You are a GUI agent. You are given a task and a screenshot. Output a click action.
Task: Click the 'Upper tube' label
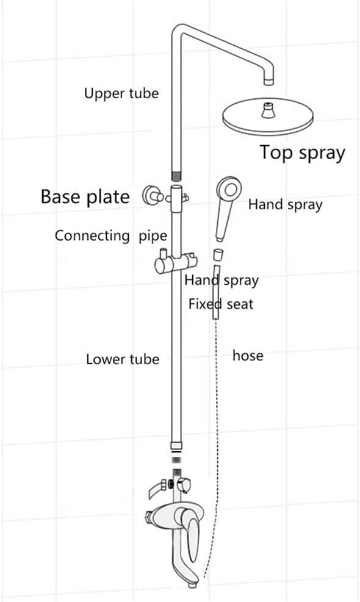pos(121,93)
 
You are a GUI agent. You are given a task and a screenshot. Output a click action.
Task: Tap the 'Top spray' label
pos(302,152)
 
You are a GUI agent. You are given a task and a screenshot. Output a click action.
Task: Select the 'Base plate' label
pos(85,197)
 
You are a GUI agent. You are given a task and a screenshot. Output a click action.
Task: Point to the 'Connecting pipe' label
pos(111,236)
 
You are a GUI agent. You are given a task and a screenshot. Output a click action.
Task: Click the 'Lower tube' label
pos(122,359)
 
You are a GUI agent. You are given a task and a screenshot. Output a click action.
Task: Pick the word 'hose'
pos(248,355)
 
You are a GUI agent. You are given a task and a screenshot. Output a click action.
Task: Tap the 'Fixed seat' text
pos(220,304)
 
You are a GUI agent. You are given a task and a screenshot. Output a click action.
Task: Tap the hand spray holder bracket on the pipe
pos(173,264)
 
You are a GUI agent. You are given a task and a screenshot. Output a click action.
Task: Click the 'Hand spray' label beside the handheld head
pos(284,205)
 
